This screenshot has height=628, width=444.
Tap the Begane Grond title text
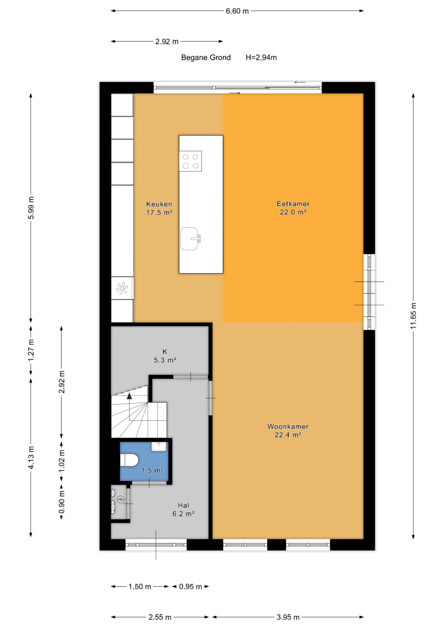click(206, 57)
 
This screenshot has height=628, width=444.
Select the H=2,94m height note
click(261, 57)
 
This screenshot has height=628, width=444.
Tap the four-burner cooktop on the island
click(190, 161)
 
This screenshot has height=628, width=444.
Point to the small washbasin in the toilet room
click(159, 446)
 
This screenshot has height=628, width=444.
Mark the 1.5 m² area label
click(152, 471)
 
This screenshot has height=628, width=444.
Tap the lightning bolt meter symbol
click(121, 499)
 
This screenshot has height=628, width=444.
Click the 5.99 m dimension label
click(31, 208)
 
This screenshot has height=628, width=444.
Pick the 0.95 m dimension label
click(190, 586)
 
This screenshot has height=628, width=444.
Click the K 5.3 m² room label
click(165, 356)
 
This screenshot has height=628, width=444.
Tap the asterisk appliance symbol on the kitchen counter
click(122, 288)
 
